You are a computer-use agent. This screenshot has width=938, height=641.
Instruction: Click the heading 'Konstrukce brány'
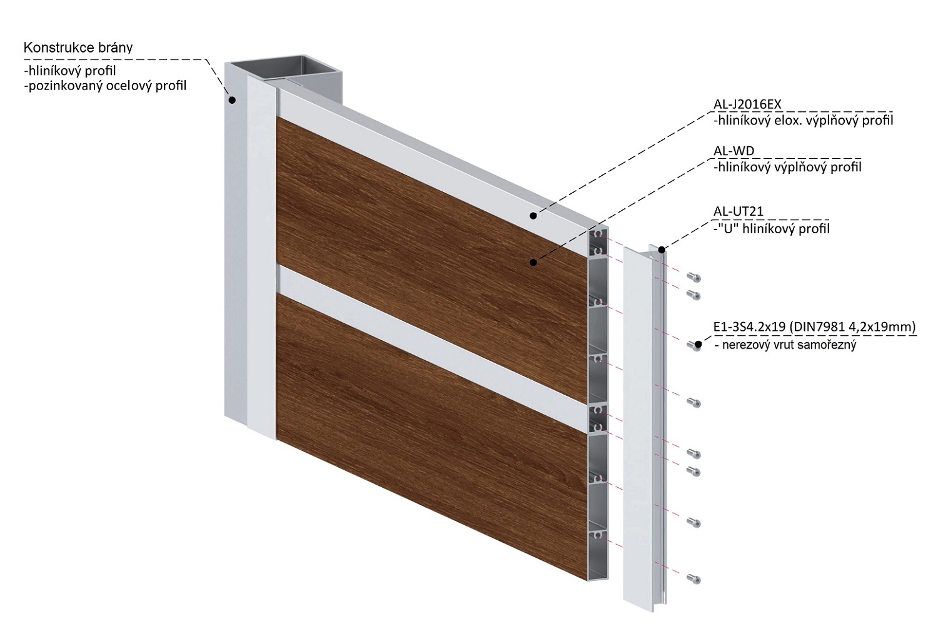pyautogui.click(x=78, y=48)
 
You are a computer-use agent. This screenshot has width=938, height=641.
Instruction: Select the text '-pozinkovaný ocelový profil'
pyautogui.click(x=105, y=85)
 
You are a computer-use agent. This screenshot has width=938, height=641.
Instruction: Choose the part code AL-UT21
pyautogui.click(x=739, y=213)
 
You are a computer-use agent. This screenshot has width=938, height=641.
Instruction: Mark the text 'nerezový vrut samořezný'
pyautogui.click(x=789, y=345)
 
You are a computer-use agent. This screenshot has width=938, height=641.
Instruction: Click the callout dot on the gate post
pyautogui.click(x=232, y=99)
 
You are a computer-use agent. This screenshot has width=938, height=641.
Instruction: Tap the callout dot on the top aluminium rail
pyautogui.click(x=533, y=216)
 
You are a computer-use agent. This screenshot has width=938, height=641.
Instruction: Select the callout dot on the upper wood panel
pyautogui.click(x=533, y=262)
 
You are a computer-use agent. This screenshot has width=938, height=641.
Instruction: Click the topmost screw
pyautogui.click(x=693, y=278)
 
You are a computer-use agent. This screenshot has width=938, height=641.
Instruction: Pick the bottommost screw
pyautogui.click(x=693, y=580)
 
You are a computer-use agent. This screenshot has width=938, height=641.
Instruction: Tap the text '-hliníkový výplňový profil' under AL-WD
pyautogui.click(x=787, y=167)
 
